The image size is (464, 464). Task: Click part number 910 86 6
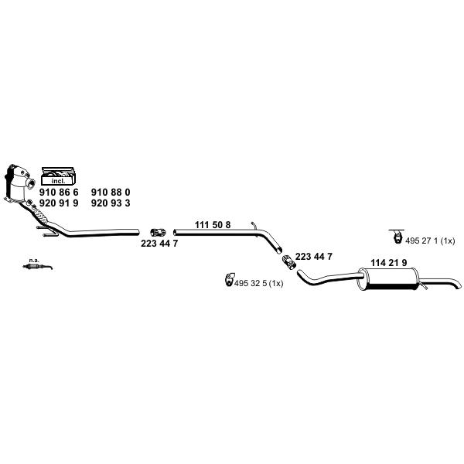(x=59, y=193)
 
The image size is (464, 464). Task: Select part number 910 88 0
(x=111, y=193)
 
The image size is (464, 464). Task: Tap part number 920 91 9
(x=59, y=203)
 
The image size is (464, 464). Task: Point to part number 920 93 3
(x=111, y=203)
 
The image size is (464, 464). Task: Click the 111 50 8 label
(x=213, y=225)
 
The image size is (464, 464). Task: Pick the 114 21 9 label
(x=389, y=262)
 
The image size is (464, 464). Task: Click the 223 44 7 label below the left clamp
(x=159, y=244)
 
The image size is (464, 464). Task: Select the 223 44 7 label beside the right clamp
(x=314, y=257)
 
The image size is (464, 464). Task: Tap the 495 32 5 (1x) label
(x=258, y=284)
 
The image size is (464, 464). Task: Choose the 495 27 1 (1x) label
(x=430, y=241)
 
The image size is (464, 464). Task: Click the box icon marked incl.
(x=58, y=176)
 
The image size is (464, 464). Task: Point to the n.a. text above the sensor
(x=34, y=261)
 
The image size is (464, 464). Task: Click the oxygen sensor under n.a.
(x=38, y=267)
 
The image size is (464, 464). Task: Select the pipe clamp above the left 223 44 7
(x=158, y=233)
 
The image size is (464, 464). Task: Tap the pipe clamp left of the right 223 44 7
(x=288, y=261)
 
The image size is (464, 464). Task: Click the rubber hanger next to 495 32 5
(x=229, y=279)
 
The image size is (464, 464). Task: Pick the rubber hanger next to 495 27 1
(x=397, y=236)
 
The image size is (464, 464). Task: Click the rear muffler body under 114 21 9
(x=388, y=278)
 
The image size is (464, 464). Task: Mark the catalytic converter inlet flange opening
(x=29, y=183)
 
